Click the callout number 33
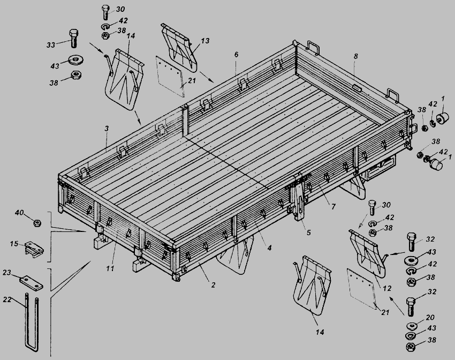[51, 45]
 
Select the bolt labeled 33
[74, 38]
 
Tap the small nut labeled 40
[37, 223]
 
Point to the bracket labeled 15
[34, 250]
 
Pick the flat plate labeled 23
[32, 283]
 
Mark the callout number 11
[110, 268]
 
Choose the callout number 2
[213, 285]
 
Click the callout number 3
[107, 129]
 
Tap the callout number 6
[236, 55]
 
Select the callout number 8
[356, 56]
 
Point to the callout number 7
[333, 206]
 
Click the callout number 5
[308, 232]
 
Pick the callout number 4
[269, 248]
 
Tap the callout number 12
[387, 288]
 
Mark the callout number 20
[430, 317]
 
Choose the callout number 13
[205, 41]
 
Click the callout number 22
[7, 299]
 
